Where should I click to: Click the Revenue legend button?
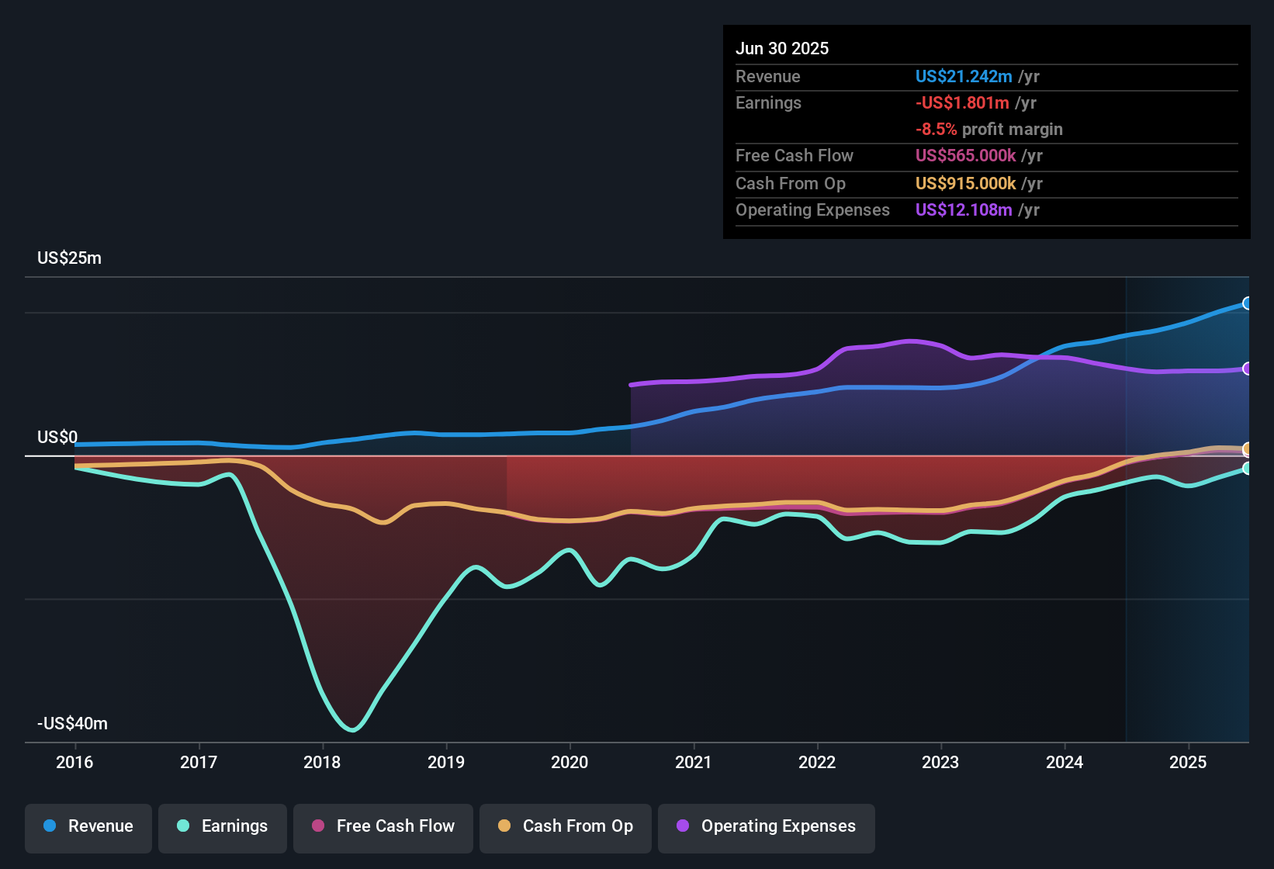[88, 826]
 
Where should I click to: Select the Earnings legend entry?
[223, 826]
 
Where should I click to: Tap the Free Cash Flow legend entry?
[383, 826]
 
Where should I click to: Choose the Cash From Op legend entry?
[566, 826]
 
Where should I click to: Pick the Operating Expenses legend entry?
[767, 826]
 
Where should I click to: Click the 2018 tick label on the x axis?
[322, 762]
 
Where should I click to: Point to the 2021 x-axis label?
[693, 762]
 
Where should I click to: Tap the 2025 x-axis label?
[1188, 762]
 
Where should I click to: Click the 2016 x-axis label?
[74, 762]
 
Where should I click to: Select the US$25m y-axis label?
[69, 258]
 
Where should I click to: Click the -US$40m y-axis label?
[72, 724]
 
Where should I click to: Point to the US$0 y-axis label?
[57, 438]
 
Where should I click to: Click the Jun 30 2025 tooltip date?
[782, 49]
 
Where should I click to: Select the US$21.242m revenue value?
[964, 77]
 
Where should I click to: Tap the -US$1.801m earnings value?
[962, 103]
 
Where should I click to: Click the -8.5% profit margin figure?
[936, 130]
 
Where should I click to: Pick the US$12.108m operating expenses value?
[964, 210]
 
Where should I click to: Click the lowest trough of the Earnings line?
[353, 729]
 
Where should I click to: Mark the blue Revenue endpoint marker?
[1247, 303]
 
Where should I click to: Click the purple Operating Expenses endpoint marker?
[1247, 369]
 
